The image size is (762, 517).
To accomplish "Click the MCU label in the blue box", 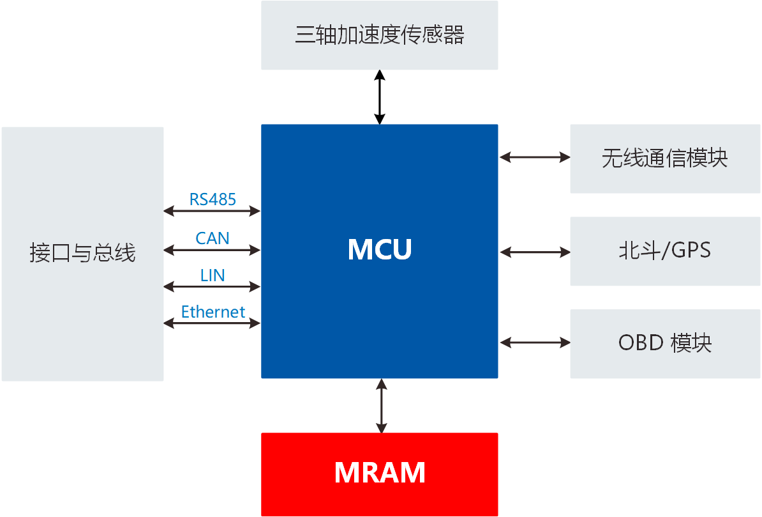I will click(x=380, y=249).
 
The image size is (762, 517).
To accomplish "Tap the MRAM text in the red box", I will click(x=380, y=473).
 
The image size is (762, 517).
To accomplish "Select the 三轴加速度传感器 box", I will click(x=380, y=35).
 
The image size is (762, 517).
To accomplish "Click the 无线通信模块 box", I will click(x=664, y=158).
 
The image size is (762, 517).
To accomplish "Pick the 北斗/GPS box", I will click(x=664, y=251).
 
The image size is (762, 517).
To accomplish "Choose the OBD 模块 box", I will click(x=664, y=343).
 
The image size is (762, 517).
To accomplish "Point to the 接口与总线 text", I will click(x=82, y=253).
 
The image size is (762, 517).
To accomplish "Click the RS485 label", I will click(x=213, y=199).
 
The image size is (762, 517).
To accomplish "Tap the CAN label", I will click(x=213, y=238).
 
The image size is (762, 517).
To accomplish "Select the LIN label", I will click(x=213, y=275).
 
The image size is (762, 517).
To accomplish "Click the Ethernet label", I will click(x=213, y=312).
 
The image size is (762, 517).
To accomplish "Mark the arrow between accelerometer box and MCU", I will click(x=380, y=96).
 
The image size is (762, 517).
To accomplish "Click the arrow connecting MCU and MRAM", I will click(x=381, y=405).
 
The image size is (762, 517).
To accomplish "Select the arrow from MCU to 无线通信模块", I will click(x=534, y=156).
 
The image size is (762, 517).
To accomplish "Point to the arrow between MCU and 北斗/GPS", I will click(x=534, y=252).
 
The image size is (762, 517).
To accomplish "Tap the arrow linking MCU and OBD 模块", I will click(x=534, y=343).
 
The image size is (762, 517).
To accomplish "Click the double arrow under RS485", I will click(x=212, y=210).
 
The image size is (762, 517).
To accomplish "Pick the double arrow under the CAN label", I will click(x=212, y=249).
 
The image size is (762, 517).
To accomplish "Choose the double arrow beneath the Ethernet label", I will click(x=212, y=323).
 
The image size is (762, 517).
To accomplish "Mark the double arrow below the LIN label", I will click(x=212, y=286).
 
